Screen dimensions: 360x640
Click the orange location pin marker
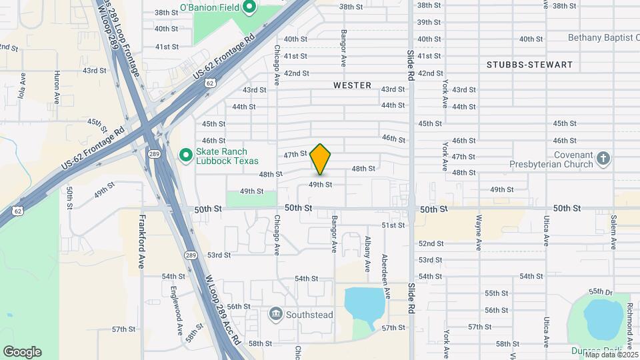[x=321, y=159]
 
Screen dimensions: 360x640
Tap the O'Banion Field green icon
[x=249, y=8]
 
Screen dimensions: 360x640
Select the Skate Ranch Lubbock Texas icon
[x=185, y=156]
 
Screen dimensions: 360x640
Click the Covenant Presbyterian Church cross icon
[x=603, y=159]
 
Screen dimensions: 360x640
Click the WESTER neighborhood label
[x=352, y=85]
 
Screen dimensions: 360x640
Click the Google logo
[x=22, y=352]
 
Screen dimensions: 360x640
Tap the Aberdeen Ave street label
[x=385, y=275]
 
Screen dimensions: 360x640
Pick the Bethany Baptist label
[x=603, y=38]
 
